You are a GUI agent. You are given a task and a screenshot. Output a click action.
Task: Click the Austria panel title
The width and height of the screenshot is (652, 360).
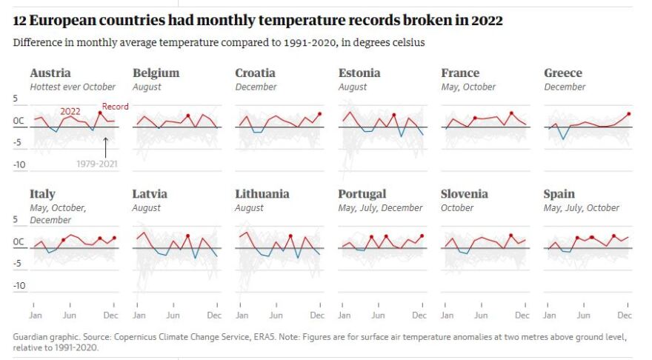[x=50, y=73]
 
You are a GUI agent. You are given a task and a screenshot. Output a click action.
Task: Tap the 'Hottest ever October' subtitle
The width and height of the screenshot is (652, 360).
[x=73, y=87]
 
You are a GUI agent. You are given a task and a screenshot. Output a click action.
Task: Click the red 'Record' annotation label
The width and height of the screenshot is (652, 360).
[x=115, y=107]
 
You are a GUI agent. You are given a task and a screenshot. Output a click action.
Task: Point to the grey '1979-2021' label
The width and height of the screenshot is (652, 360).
[x=96, y=163]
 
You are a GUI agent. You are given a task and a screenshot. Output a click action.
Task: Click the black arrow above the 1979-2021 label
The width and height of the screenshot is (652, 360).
[x=105, y=145]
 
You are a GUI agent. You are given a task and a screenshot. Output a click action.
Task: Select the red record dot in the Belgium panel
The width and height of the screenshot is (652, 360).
[x=188, y=116]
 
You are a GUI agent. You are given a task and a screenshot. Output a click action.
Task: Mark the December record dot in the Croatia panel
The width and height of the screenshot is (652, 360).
[x=320, y=114]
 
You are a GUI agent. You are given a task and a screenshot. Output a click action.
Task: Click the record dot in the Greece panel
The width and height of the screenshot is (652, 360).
[x=628, y=114]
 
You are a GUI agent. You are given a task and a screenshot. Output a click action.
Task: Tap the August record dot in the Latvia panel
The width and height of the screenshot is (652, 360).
[x=188, y=236]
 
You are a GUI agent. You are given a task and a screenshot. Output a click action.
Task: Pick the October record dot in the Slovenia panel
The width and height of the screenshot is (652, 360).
[x=510, y=236]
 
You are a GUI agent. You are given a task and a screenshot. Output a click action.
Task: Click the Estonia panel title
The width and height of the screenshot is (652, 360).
[x=359, y=73]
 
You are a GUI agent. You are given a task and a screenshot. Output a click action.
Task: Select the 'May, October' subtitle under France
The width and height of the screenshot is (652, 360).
[x=468, y=87]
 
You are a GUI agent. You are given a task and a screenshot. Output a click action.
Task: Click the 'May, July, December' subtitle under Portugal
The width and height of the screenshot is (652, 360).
[x=380, y=208]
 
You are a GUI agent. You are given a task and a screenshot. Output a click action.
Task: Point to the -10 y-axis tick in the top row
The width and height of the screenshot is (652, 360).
[x=20, y=165]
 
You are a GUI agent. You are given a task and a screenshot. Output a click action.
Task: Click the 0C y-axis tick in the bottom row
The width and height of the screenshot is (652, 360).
[x=19, y=242]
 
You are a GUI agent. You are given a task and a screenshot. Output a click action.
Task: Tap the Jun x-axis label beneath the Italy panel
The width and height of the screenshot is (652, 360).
[x=69, y=315]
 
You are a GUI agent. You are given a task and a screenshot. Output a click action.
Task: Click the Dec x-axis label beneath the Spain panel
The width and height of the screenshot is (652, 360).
[x=625, y=315]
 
